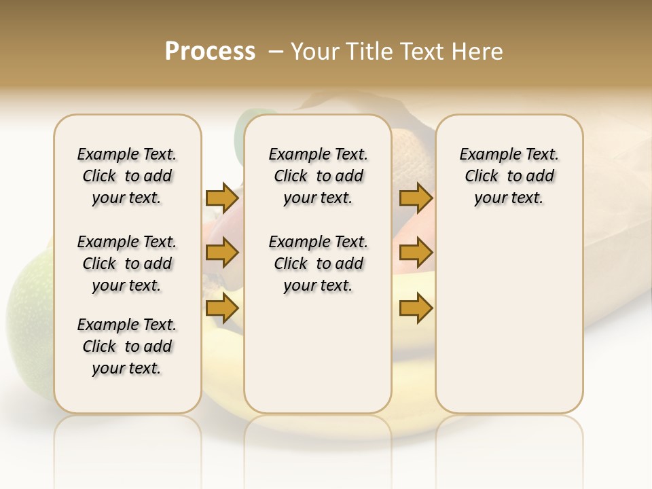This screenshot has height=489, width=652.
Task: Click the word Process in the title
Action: coord(210,52)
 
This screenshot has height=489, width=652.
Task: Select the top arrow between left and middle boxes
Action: coord(222,198)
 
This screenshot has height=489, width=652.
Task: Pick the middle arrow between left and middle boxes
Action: coord(222,253)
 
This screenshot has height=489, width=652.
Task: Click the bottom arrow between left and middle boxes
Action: coord(222,308)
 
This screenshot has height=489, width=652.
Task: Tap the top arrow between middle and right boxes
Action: coord(416,198)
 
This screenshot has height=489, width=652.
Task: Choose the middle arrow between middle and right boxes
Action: coord(416,253)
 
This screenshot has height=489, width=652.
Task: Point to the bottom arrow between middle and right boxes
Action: coord(416,308)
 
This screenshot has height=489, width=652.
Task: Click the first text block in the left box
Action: coord(127,176)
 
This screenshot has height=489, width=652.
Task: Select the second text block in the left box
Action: coord(127,264)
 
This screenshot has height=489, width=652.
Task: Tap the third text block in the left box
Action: coord(127,346)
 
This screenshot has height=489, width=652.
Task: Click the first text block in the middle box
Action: coord(318,176)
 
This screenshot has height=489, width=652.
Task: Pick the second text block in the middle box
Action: coord(318,264)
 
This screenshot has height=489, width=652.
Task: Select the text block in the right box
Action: coord(509,176)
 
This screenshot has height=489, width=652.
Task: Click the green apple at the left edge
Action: coord(27,319)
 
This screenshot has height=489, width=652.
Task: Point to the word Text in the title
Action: coord(422,52)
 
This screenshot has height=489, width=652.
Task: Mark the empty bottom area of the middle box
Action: coord(318,360)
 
